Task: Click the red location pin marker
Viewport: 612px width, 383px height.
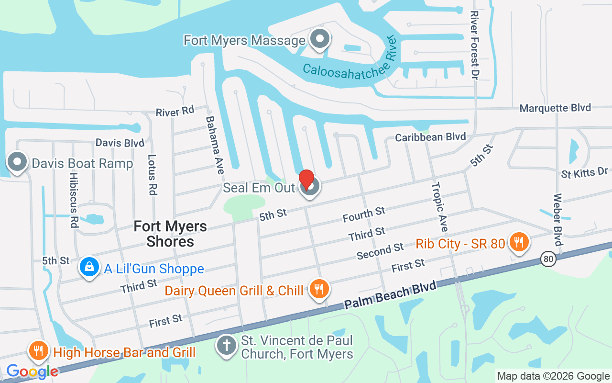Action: pyautogui.click(x=306, y=180)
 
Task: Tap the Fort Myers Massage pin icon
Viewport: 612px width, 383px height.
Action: pyautogui.click(x=320, y=39)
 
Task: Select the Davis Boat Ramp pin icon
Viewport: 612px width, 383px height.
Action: pyautogui.click(x=18, y=162)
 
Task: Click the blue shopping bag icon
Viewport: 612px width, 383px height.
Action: pyautogui.click(x=89, y=267)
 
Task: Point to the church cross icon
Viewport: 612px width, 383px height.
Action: pyautogui.click(x=227, y=345)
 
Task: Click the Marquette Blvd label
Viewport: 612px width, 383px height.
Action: pyautogui.click(x=555, y=108)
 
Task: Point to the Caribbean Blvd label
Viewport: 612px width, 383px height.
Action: pyautogui.click(x=430, y=137)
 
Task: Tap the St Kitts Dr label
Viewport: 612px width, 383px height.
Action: pyautogui.click(x=584, y=173)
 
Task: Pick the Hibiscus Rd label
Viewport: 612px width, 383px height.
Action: pyautogui.click(x=74, y=206)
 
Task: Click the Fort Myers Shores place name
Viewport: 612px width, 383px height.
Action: pyautogui.click(x=170, y=234)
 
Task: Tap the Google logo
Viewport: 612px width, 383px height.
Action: pyautogui.click(x=32, y=371)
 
